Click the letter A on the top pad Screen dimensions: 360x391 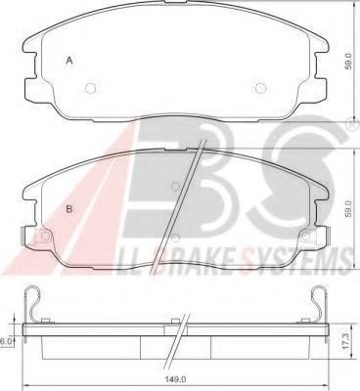click(69, 61)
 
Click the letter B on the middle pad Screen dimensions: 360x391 click(69, 209)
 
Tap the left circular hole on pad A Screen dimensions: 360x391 click(91, 88)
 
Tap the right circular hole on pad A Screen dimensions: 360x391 click(261, 88)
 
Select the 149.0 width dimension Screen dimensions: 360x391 click(179, 379)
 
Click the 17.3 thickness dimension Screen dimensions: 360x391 click(348, 341)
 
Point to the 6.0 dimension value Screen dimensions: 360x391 click(6, 341)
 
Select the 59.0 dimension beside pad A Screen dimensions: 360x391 click(348, 62)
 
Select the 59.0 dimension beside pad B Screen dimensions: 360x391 click(348, 209)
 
